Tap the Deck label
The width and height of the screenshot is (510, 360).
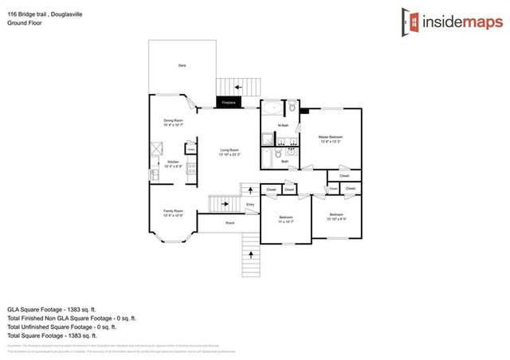click(182, 66)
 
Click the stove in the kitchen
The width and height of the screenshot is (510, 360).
click(191, 168)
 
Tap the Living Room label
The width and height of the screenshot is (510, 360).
click(229, 151)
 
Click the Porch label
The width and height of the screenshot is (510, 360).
click(229, 223)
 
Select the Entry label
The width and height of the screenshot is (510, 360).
click(250, 205)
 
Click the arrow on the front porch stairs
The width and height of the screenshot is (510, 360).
click(253, 254)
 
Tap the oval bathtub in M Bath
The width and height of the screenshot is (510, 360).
click(273, 109)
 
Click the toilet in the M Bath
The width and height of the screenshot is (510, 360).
click(292, 107)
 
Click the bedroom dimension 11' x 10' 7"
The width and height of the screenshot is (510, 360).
click(285, 220)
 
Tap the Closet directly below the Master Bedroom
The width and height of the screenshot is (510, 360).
click(343, 176)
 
